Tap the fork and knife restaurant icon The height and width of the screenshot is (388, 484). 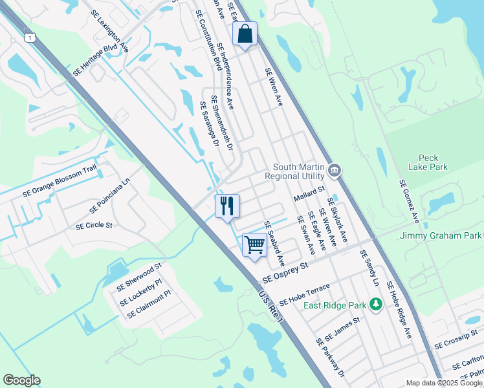[x=227, y=206]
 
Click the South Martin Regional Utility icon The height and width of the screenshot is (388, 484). [x=335, y=171]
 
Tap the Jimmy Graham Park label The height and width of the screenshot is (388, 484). [x=441, y=235]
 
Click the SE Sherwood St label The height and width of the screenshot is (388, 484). [x=138, y=277]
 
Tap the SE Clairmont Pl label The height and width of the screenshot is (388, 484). [x=148, y=304]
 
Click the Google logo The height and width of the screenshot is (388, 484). [x=21, y=380]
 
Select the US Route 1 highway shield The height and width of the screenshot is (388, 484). [x=30, y=38]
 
